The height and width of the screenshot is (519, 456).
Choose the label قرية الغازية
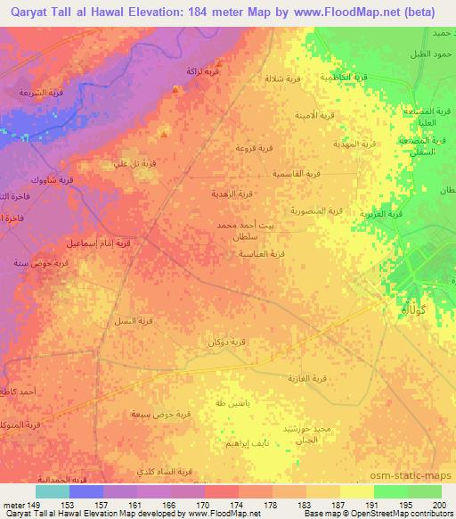click(309, 379)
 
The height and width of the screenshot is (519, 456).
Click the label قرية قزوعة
click(251, 145)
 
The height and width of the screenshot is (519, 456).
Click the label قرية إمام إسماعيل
click(100, 242)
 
